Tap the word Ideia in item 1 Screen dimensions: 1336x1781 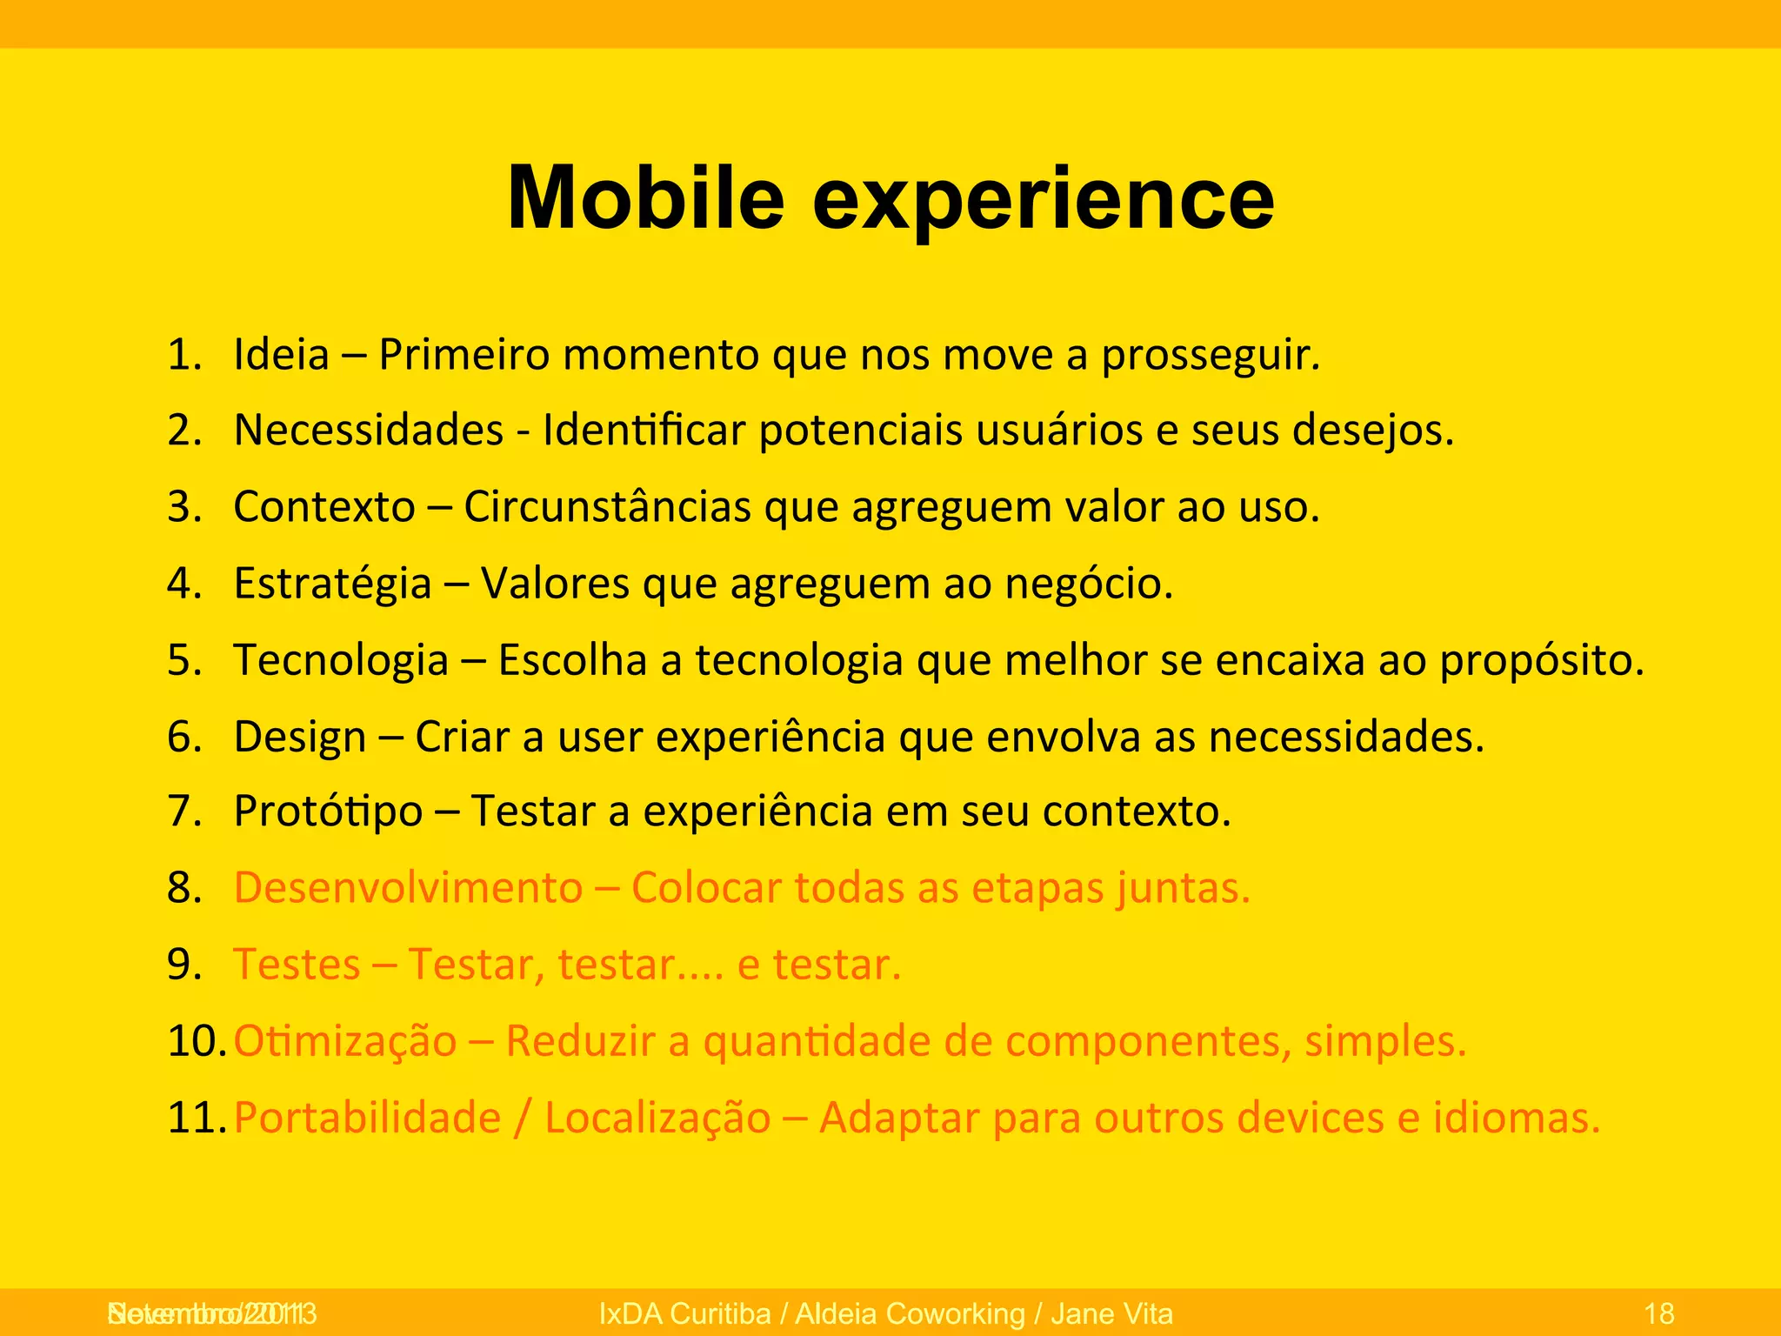[282, 355]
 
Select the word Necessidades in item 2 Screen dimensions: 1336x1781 [369, 431]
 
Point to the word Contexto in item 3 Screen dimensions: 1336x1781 [324, 507]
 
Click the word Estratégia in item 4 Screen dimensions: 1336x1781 [332, 584]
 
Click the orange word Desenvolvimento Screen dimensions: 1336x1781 [408, 888]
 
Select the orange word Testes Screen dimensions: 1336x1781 [297, 965]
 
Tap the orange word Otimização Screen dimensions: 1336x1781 [345, 1041]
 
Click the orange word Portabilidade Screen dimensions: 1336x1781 [367, 1118]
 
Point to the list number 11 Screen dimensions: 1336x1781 [196, 1118]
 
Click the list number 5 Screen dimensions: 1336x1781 [184, 660]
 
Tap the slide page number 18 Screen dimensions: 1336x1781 [1659, 1313]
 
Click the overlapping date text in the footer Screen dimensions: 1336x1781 [211, 1313]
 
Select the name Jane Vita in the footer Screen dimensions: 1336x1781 [1111, 1313]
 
